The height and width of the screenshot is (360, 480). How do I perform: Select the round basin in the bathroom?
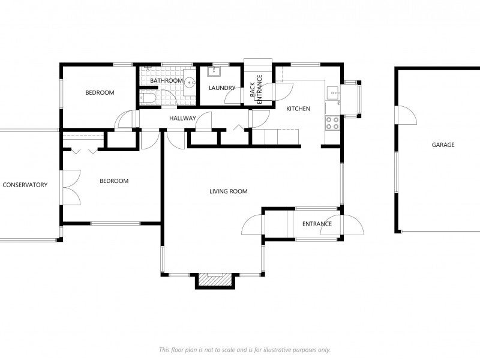tap(189, 83)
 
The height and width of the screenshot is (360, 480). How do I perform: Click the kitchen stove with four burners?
tap(332, 123)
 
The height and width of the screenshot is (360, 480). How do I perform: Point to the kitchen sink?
tap(332, 93)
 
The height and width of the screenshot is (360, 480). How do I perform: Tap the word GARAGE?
tap(443, 145)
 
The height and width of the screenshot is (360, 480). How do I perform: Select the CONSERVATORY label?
tap(25, 185)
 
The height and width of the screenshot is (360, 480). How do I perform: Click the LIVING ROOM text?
tap(228, 191)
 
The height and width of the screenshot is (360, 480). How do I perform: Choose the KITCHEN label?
tap(298, 109)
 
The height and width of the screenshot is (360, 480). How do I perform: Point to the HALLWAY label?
tap(182, 118)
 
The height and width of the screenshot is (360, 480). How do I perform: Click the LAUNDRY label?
tap(221, 89)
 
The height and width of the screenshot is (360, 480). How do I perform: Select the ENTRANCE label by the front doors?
tap(317, 224)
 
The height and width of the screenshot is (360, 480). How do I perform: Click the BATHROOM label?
tap(166, 80)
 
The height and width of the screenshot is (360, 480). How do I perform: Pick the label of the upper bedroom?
tap(100, 92)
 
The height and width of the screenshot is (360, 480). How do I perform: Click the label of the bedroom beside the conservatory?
tap(113, 181)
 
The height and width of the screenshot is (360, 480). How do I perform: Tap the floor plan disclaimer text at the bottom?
tap(244, 349)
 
